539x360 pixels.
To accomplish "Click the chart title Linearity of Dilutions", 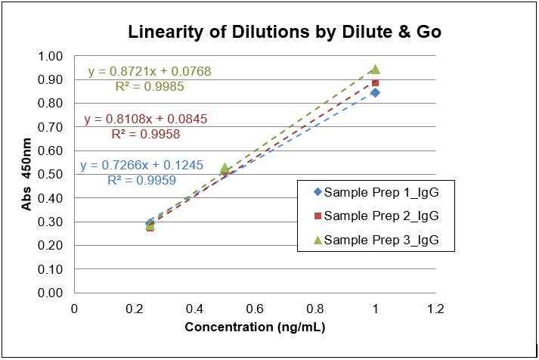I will [x=284, y=33].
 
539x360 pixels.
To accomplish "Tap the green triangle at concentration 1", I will [x=375, y=69].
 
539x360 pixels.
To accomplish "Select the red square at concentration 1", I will [x=375, y=82].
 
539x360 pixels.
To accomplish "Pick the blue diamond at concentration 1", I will [x=375, y=92].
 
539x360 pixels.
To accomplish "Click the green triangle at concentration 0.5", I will [x=225, y=169].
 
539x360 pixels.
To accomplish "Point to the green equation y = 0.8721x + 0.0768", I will [x=150, y=72].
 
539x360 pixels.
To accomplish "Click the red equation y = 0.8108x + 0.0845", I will [x=146, y=119].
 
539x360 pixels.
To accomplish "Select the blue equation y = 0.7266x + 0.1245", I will [x=142, y=166].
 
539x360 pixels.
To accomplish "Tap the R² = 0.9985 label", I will [x=150, y=86].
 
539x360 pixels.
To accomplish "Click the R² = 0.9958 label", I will [x=146, y=134].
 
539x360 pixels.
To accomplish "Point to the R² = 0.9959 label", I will [x=142, y=181].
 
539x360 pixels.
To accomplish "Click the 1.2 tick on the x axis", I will [x=435, y=309].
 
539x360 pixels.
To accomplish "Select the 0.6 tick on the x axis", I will [x=255, y=309].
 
